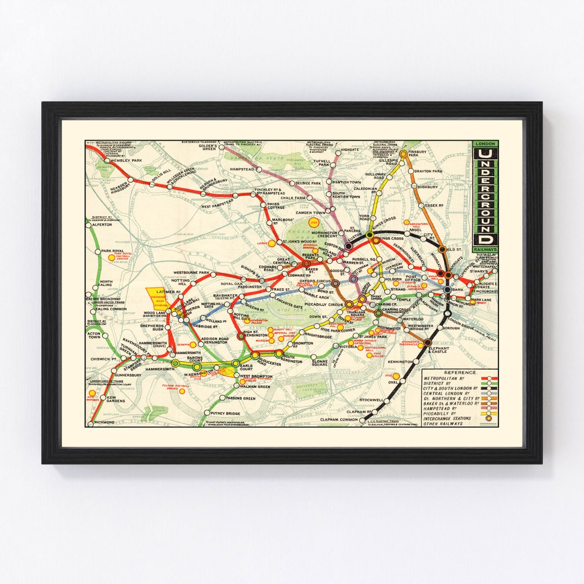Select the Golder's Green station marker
221,147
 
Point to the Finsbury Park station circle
403,154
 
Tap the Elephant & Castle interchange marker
427,342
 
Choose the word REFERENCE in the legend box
460,373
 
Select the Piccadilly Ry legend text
444,413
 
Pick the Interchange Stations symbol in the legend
490,418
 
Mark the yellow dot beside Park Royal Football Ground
111,258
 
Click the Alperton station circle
89,224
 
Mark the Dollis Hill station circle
152,184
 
